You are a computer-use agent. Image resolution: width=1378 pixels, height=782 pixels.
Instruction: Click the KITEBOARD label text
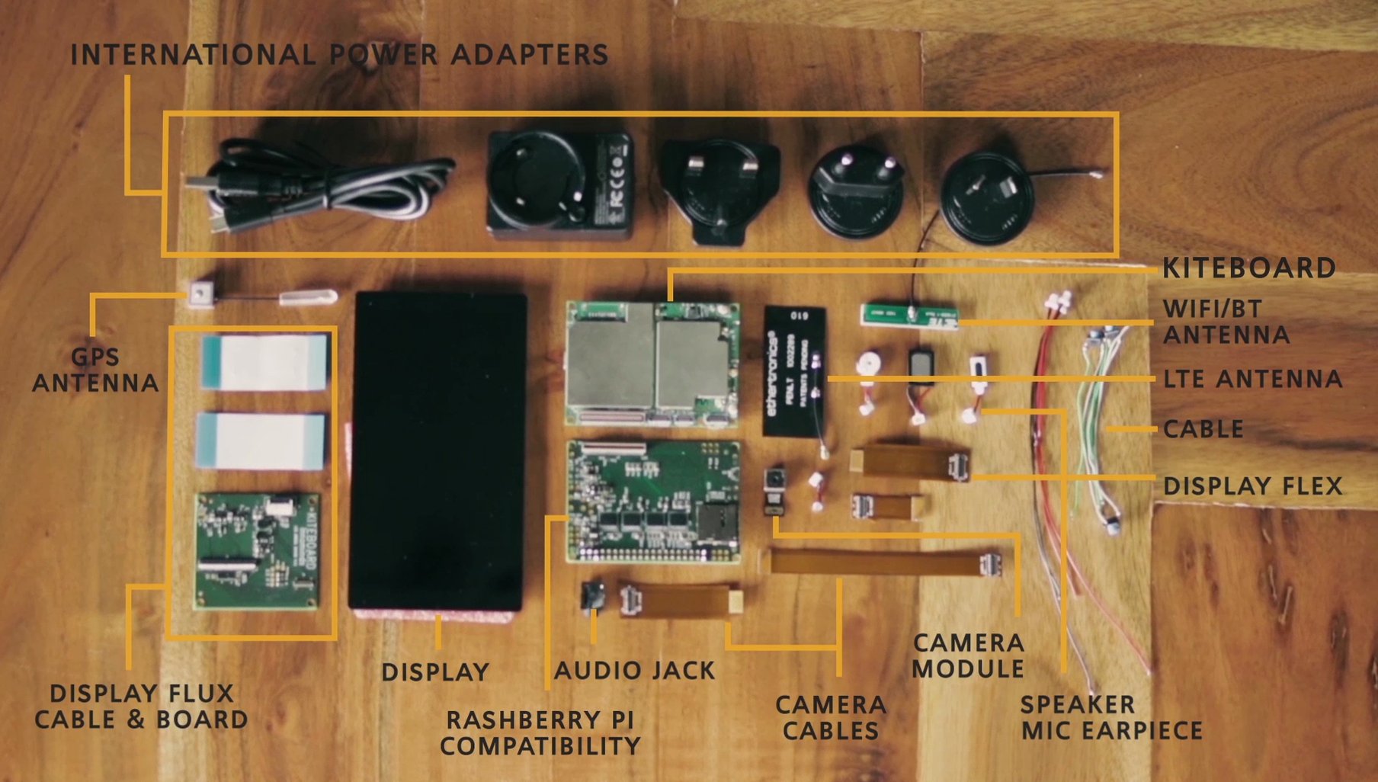click(x=1248, y=268)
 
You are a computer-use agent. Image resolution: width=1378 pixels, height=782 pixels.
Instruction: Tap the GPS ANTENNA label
click(x=95, y=370)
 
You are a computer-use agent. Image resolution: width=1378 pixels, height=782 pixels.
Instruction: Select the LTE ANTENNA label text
click(x=1252, y=379)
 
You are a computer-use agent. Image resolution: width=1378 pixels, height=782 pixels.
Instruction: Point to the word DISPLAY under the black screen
click(x=435, y=671)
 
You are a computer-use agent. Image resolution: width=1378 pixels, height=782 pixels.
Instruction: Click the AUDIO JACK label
click(x=634, y=670)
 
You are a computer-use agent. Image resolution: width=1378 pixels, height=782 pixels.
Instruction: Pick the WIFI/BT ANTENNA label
click(x=1226, y=322)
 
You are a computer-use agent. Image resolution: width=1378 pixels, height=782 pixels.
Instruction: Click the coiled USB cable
click(x=320, y=187)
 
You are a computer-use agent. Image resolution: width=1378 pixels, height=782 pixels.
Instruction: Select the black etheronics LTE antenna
click(x=795, y=370)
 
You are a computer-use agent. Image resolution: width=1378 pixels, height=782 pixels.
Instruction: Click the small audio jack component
click(x=593, y=595)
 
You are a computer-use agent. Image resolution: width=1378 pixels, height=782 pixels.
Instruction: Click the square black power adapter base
click(x=560, y=183)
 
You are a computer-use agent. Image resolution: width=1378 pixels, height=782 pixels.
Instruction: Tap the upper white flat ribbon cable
click(x=265, y=362)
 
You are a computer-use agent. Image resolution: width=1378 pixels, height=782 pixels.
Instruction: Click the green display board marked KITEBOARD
click(x=258, y=550)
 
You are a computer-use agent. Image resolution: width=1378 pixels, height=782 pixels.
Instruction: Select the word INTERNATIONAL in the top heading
click(x=193, y=55)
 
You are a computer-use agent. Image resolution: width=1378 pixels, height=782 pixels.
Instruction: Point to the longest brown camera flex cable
click(x=884, y=563)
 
